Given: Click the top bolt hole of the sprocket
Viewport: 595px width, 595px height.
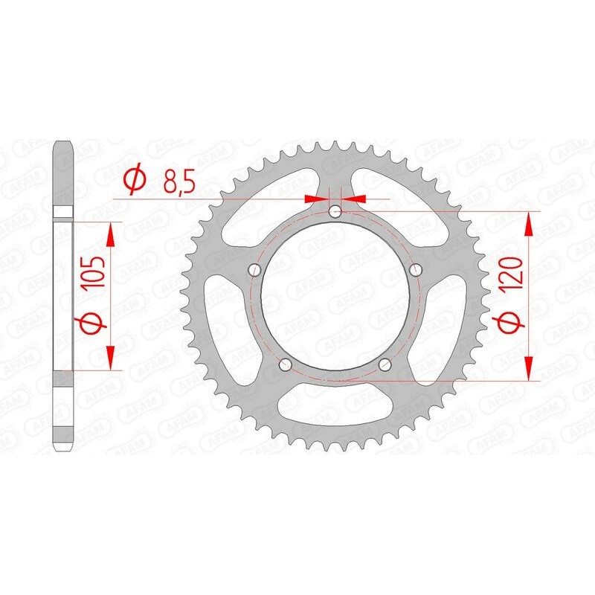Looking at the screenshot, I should (x=335, y=212).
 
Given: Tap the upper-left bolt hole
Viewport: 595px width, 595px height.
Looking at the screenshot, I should (x=255, y=268).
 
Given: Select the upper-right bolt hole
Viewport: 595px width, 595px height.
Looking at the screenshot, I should (x=416, y=268).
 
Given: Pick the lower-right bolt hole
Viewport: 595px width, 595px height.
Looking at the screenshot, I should (x=385, y=364).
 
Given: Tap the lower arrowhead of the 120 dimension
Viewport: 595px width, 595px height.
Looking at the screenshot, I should (x=529, y=370).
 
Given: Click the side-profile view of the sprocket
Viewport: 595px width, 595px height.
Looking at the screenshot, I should (x=62, y=297).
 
